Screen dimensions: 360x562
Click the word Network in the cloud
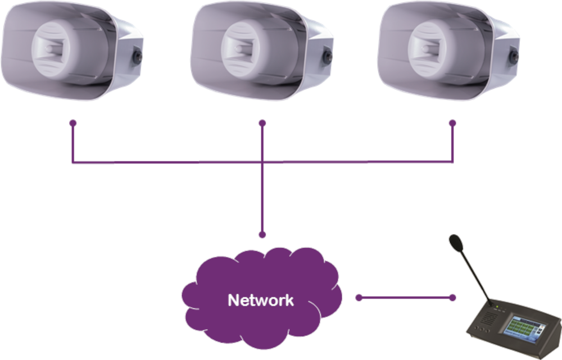coord(260,300)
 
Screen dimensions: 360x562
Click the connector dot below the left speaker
coord(72,122)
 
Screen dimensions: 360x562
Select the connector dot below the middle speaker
coord(262,122)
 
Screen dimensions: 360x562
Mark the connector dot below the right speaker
coord(452,122)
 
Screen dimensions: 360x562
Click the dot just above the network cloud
coord(262,234)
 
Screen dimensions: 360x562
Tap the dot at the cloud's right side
coord(358,298)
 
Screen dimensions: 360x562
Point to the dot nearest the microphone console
coord(452,298)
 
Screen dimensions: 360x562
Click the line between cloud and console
coord(405,298)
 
